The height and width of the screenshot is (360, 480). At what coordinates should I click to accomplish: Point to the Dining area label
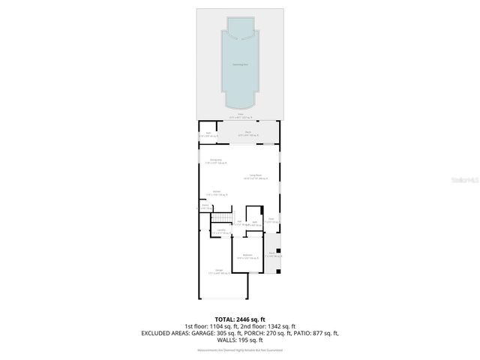click(x=214, y=162)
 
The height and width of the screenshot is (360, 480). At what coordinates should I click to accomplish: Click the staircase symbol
click(x=220, y=218)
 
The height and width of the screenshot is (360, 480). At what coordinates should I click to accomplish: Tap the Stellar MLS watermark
click(x=463, y=181)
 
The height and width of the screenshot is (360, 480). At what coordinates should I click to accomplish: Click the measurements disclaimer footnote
click(x=240, y=350)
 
